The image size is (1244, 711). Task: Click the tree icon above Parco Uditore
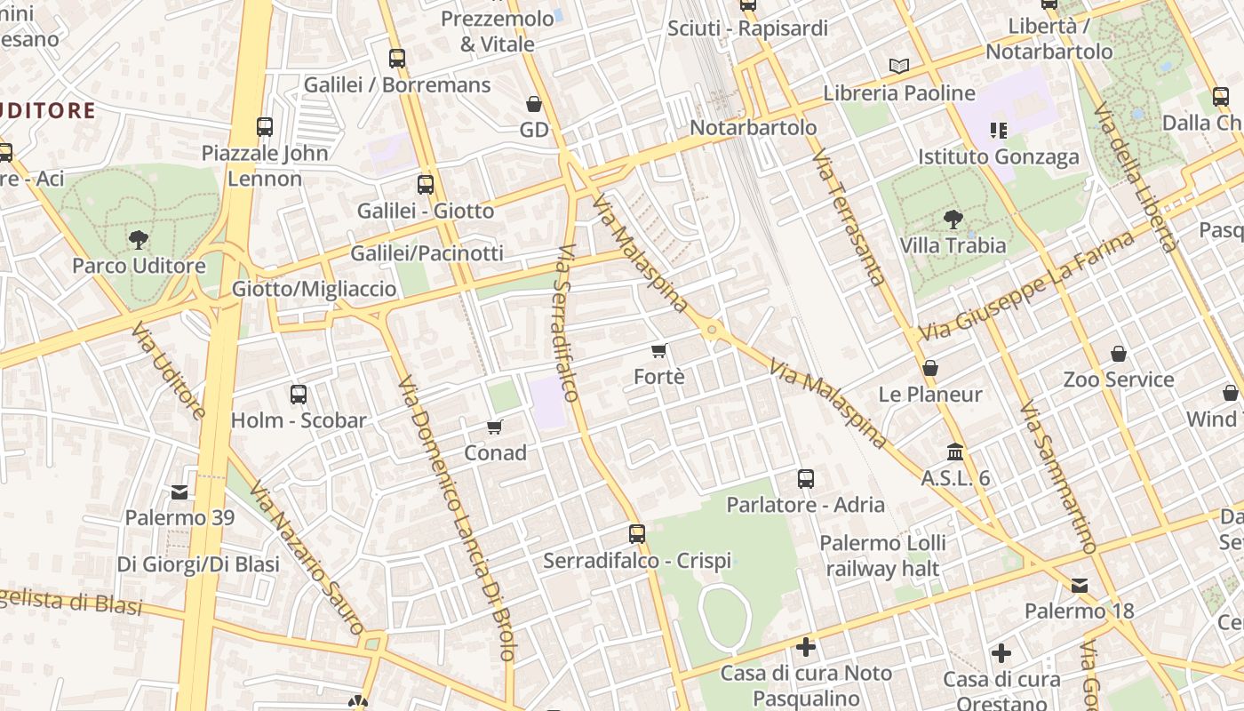[x=138, y=238]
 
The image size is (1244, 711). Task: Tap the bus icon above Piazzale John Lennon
[x=265, y=126]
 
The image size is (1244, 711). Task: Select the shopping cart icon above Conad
[x=495, y=427]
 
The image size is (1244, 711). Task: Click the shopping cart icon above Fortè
[x=658, y=351]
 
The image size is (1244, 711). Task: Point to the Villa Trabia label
[x=953, y=245]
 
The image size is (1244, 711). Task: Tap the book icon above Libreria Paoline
[x=899, y=66]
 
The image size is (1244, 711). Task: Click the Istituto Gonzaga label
[x=999, y=157]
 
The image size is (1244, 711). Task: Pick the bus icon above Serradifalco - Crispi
[x=637, y=534]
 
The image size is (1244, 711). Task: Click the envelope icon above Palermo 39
[x=179, y=491]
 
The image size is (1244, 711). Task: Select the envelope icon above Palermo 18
[x=1080, y=585]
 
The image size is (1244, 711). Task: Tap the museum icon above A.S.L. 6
[x=955, y=451]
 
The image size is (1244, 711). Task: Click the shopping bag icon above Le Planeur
[x=930, y=367]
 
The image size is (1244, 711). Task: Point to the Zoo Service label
[x=1119, y=380]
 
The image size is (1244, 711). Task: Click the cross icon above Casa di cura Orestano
[x=1001, y=653]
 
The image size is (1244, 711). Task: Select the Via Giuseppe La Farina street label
[x=1027, y=286]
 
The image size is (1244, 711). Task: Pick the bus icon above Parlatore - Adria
[x=806, y=479]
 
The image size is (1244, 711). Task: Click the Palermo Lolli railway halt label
[x=882, y=555]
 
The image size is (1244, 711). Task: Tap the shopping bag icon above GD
[x=534, y=104]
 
